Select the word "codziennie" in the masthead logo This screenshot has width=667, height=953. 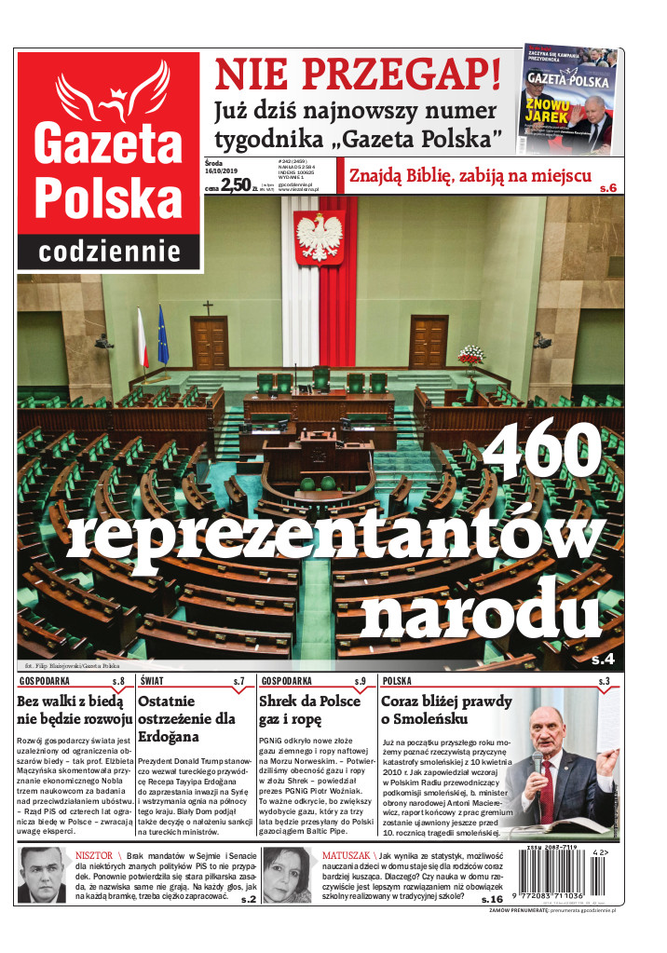point(109,251)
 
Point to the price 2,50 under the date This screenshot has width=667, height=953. point(235,184)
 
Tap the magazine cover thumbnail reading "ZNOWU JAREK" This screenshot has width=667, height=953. point(566,98)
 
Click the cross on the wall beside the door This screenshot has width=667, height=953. point(208,307)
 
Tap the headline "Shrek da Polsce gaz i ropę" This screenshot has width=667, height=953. point(308,710)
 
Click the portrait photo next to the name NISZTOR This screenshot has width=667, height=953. point(43,875)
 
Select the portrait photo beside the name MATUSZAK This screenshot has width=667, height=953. point(288,875)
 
